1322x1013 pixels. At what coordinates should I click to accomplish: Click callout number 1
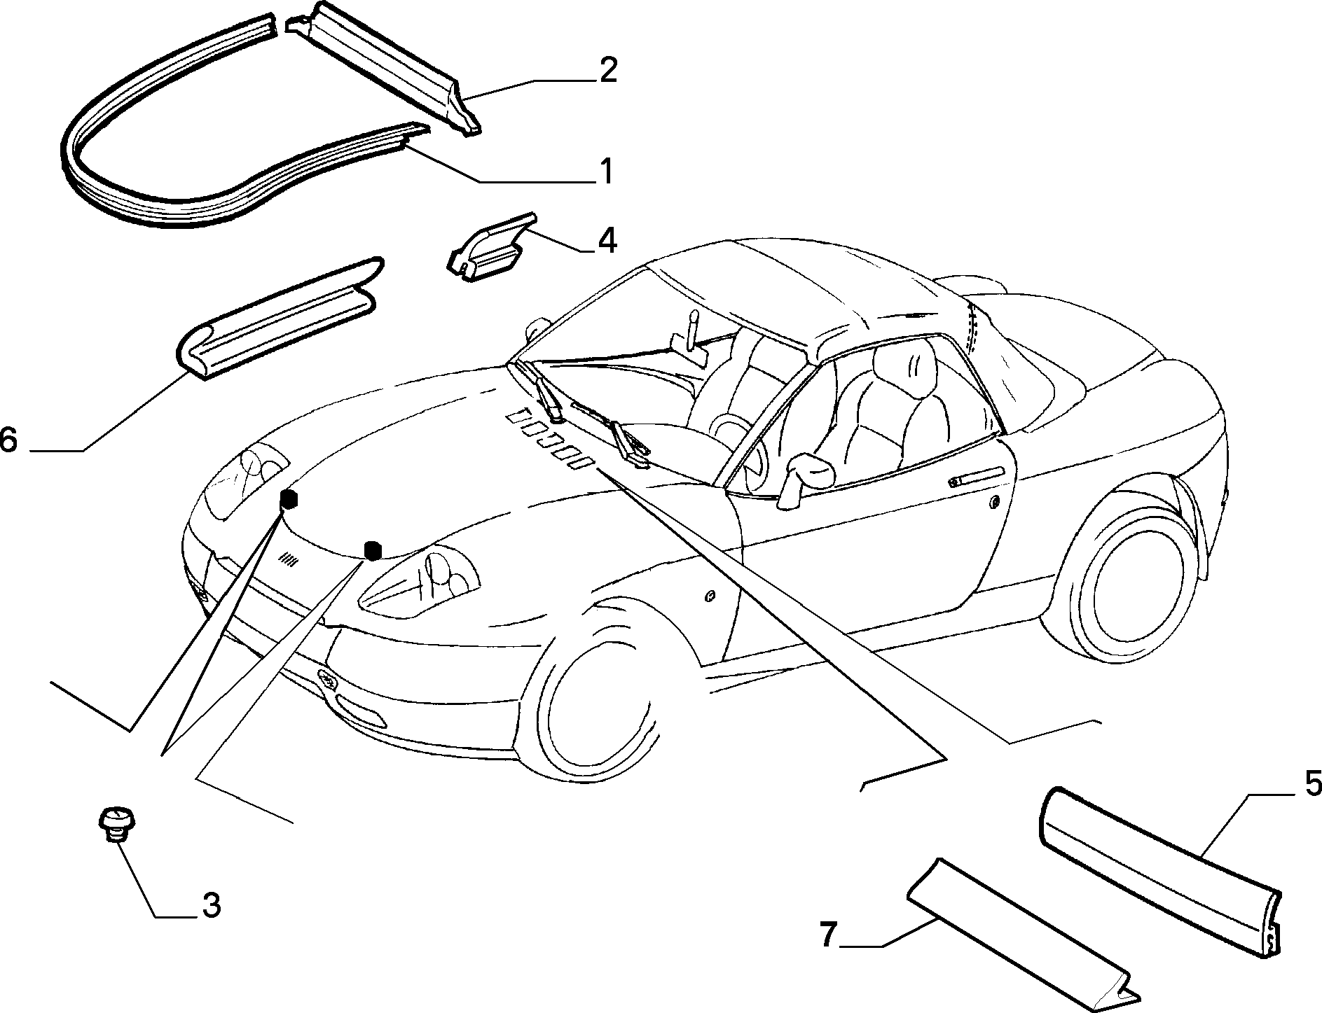coord(605,171)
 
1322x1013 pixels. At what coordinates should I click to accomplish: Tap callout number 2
coord(607,71)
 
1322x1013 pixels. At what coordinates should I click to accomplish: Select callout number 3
coord(212,905)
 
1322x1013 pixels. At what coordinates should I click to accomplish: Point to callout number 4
coord(607,240)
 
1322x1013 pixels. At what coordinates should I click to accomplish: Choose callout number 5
coord(1309,783)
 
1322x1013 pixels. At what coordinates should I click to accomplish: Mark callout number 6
coord(9,441)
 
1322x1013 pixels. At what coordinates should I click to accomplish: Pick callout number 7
coord(828,935)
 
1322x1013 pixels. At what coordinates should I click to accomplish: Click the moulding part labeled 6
coord(277,319)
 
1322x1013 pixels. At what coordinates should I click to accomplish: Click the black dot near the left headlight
coord(288,500)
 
